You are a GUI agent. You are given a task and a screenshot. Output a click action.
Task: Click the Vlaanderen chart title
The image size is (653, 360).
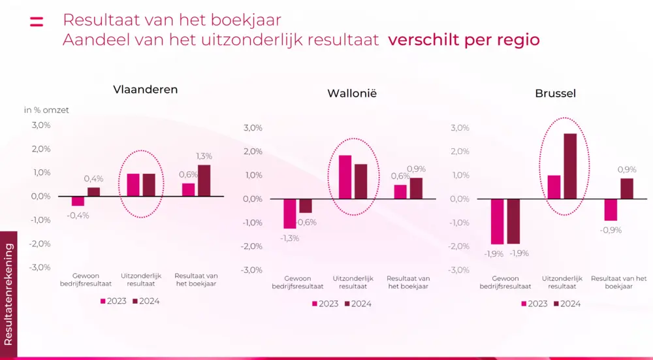tap(145, 90)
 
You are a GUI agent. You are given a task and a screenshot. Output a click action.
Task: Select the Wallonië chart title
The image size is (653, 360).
tap(352, 93)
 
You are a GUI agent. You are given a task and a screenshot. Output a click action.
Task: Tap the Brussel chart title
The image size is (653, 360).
tap(555, 93)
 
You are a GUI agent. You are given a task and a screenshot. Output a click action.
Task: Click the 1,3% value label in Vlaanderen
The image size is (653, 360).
tap(204, 156)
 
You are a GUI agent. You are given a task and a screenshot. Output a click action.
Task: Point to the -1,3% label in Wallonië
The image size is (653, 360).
tap(289, 238)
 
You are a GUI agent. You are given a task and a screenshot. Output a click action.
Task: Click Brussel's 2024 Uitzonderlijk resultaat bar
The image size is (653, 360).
tap(570, 166)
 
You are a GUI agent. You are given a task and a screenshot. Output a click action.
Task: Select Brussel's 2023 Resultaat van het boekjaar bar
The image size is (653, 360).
tap(611, 210)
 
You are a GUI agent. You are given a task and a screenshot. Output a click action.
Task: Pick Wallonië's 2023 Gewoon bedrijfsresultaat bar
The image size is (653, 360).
tap(289, 214)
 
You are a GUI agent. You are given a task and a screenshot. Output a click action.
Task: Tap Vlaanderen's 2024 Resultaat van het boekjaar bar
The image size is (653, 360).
tap(204, 180)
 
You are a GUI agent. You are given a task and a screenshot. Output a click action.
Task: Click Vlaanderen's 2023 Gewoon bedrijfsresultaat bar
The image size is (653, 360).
tap(78, 201)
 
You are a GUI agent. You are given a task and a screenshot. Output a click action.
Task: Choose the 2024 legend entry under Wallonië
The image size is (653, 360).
tap(358, 304)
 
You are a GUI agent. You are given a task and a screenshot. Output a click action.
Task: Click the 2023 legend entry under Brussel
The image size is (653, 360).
tap(534, 304)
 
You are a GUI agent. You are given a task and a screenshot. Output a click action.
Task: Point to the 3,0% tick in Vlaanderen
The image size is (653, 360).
tap(40, 125)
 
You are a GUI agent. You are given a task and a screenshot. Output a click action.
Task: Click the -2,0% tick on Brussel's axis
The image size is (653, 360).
tap(459, 246)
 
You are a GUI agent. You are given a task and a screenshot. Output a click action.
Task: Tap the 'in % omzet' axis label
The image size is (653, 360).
tap(46, 110)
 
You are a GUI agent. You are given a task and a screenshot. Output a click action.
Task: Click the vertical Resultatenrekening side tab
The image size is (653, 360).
tap(8, 294)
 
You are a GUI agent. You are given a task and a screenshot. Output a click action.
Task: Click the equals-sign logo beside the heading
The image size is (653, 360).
tap(37, 21)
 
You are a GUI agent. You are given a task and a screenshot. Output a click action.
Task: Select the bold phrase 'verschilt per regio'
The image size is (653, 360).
tap(464, 40)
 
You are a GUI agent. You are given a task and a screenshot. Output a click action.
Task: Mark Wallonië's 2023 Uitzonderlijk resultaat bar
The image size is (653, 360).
tap(345, 177)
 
